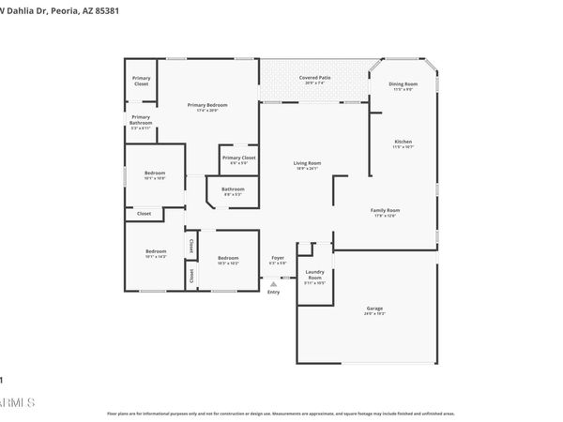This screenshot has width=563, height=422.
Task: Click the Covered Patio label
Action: pyautogui.click(x=313, y=77)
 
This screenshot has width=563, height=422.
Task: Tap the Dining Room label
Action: pyautogui.click(x=403, y=84)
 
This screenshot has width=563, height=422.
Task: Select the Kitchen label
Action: pyautogui.click(x=403, y=142)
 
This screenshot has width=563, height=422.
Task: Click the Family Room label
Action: pyautogui.click(x=386, y=210)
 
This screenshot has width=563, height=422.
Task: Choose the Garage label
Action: pyautogui.click(x=374, y=309)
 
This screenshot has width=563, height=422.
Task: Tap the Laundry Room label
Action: pyautogui.click(x=314, y=275)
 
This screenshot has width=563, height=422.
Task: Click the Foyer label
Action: pyautogui.click(x=277, y=257)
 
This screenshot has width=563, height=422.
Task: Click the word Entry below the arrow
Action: pyautogui.click(x=273, y=293)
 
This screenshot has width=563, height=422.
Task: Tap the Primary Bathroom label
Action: pyautogui.click(x=141, y=119)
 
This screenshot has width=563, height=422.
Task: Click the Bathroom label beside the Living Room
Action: pyautogui.click(x=233, y=189)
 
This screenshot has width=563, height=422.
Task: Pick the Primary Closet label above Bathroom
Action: pyautogui.click(x=238, y=158)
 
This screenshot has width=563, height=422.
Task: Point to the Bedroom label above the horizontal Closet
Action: pyautogui.click(x=155, y=173)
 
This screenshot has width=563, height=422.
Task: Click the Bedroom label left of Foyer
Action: pyautogui.click(x=228, y=258)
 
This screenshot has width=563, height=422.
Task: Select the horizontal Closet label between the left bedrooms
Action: pyautogui.click(x=144, y=213)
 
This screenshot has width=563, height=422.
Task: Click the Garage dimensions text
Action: pyautogui.click(x=374, y=314)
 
